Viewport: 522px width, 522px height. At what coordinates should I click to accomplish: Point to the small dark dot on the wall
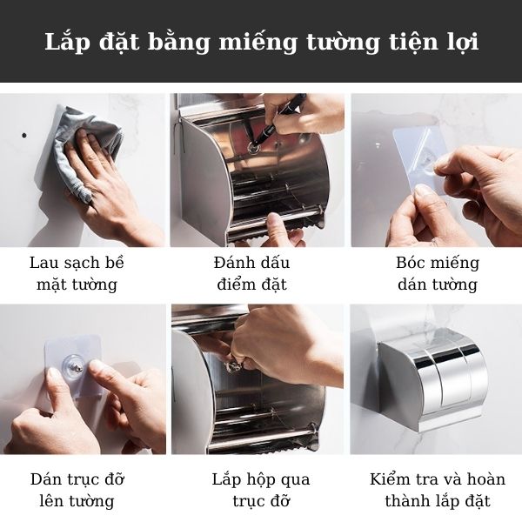24,135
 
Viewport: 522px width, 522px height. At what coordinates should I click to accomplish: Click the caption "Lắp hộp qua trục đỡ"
260,490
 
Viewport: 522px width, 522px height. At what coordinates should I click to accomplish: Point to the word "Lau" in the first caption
43,263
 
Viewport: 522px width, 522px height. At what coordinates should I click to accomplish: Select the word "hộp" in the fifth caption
260,480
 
